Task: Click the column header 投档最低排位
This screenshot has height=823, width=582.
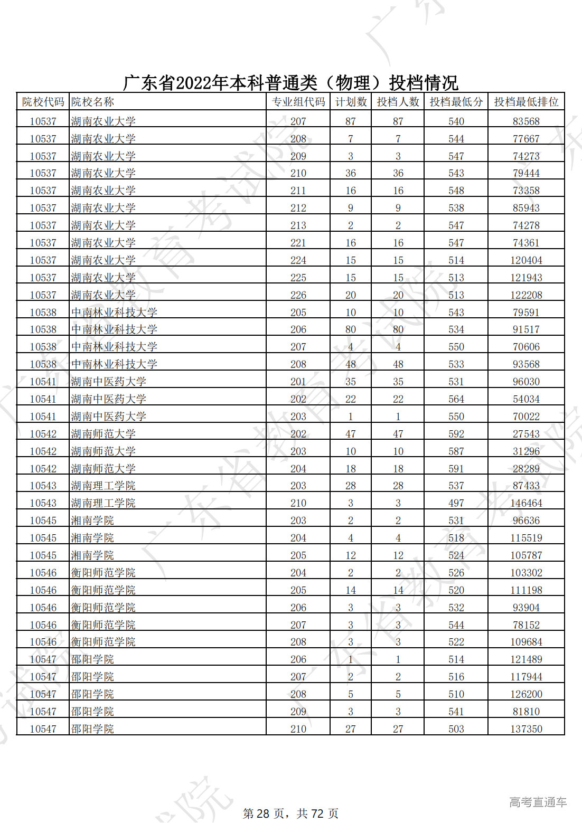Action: [x=526, y=102]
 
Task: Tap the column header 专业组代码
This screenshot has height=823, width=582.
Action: [x=298, y=102]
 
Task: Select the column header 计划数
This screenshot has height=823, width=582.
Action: [x=351, y=102]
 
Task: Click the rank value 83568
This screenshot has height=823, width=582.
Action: [x=526, y=121]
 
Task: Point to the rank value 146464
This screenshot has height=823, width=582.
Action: [x=526, y=503]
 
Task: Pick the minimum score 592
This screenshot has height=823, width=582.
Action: [x=456, y=434]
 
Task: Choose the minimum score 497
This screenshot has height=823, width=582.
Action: [x=456, y=503]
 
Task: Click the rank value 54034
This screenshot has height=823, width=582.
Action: [x=526, y=399]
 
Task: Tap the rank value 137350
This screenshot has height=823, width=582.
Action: [x=526, y=729]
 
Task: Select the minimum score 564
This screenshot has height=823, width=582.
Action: [x=456, y=399]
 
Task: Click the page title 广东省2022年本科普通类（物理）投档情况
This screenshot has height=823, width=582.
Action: [x=290, y=83]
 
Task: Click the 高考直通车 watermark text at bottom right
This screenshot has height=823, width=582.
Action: [x=538, y=802]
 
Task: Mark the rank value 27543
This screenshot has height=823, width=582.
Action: [x=526, y=434]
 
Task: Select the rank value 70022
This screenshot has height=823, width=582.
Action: [x=526, y=417]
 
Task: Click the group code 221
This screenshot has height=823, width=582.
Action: [x=298, y=243]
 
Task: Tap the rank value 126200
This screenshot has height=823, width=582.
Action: [x=526, y=694]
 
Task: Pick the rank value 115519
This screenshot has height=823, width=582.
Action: [x=526, y=538]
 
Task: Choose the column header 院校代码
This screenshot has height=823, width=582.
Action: [x=43, y=102]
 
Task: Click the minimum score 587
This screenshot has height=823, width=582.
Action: [x=456, y=451]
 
